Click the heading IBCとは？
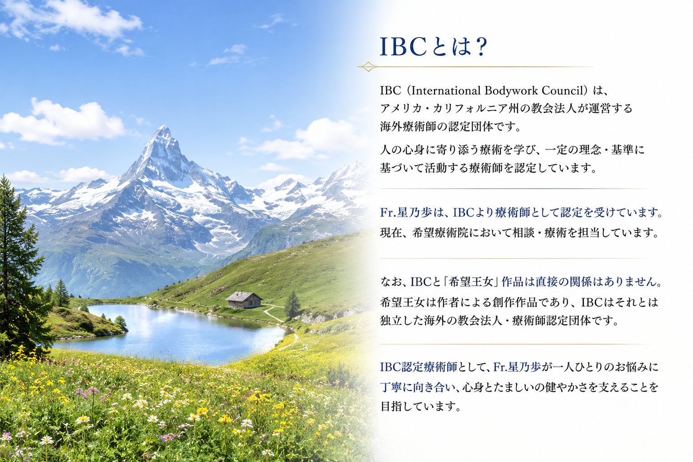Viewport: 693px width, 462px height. (434, 46)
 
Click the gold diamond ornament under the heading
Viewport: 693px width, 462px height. (368, 66)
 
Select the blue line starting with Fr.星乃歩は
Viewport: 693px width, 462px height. (521, 213)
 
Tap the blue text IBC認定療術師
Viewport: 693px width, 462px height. (419, 367)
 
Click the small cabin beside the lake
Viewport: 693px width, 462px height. (244, 300)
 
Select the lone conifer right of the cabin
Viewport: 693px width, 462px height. (292, 305)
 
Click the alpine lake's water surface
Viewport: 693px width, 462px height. (173, 331)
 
